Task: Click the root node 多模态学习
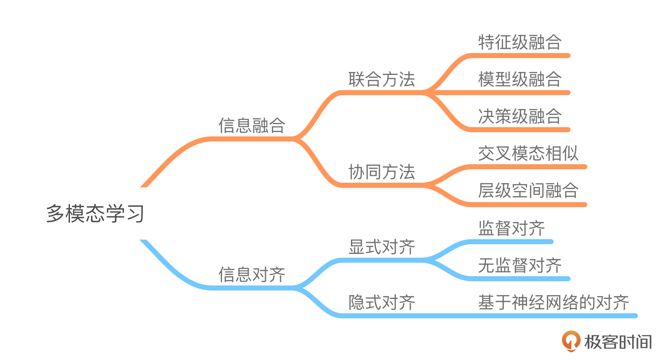click(x=95, y=213)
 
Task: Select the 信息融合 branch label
click(x=252, y=125)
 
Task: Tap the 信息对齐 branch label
click(x=252, y=275)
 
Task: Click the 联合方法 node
click(x=382, y=80)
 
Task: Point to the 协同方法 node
click(x=382, y=172)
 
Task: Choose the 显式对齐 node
click(x=382, y=247)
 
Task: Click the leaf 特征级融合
click(x=519, y=43)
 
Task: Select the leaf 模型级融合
click(x=519, y=80)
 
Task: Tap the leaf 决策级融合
click(x=519, y=117)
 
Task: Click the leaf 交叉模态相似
click(x=528, y=154)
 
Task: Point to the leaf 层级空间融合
click(x=528, y=191)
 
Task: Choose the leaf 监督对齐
click(x=511, y=229)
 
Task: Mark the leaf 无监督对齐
click(x=519, y=266)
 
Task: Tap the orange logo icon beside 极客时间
click(x=571, y=341)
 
